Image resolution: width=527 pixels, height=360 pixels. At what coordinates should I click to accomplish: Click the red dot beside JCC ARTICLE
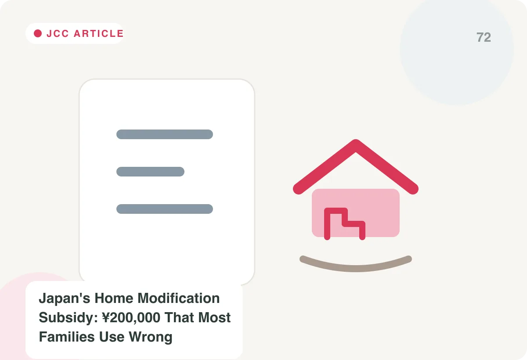point(38,33)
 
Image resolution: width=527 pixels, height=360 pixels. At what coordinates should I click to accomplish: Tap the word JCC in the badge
point(58,34)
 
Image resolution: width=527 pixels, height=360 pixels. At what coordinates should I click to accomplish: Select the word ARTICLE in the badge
point(98,34)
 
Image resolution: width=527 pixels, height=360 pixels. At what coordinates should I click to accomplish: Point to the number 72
point(484,37)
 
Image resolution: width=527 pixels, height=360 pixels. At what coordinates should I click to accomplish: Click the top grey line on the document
point(165,134)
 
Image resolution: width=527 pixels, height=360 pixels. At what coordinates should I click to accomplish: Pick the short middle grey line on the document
point(150,172)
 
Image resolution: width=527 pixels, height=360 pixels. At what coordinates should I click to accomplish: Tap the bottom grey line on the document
point(165,209)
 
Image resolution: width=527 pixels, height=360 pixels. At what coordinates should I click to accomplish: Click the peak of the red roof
point(355,142)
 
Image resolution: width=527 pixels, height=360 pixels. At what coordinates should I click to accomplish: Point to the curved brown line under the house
point(356,269)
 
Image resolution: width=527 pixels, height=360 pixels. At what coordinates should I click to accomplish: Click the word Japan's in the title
point(65,298)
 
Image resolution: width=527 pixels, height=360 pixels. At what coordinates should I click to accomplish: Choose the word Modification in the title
point(179,298)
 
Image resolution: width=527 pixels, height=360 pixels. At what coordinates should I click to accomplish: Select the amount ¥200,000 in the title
point(131,318)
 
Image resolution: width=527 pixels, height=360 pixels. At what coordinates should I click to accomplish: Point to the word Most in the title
point(214,317)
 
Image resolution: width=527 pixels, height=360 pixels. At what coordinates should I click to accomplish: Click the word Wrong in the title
point(151,338)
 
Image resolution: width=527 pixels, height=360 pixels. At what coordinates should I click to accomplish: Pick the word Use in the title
point(112,337)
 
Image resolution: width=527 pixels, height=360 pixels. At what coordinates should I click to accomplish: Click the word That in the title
point(179,317)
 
